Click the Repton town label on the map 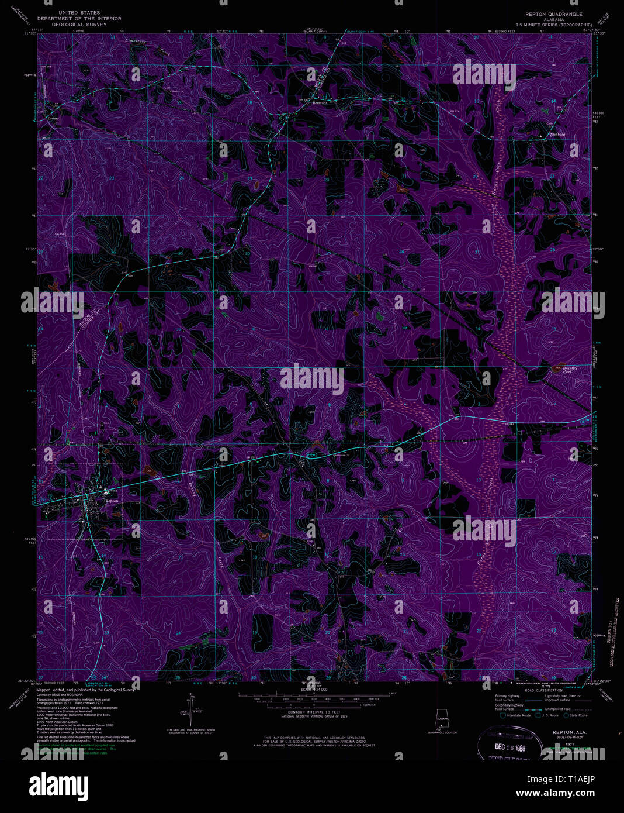point(112,501)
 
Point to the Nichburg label point(558,135)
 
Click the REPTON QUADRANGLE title point(553,13)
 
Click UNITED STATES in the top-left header point(79,12)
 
